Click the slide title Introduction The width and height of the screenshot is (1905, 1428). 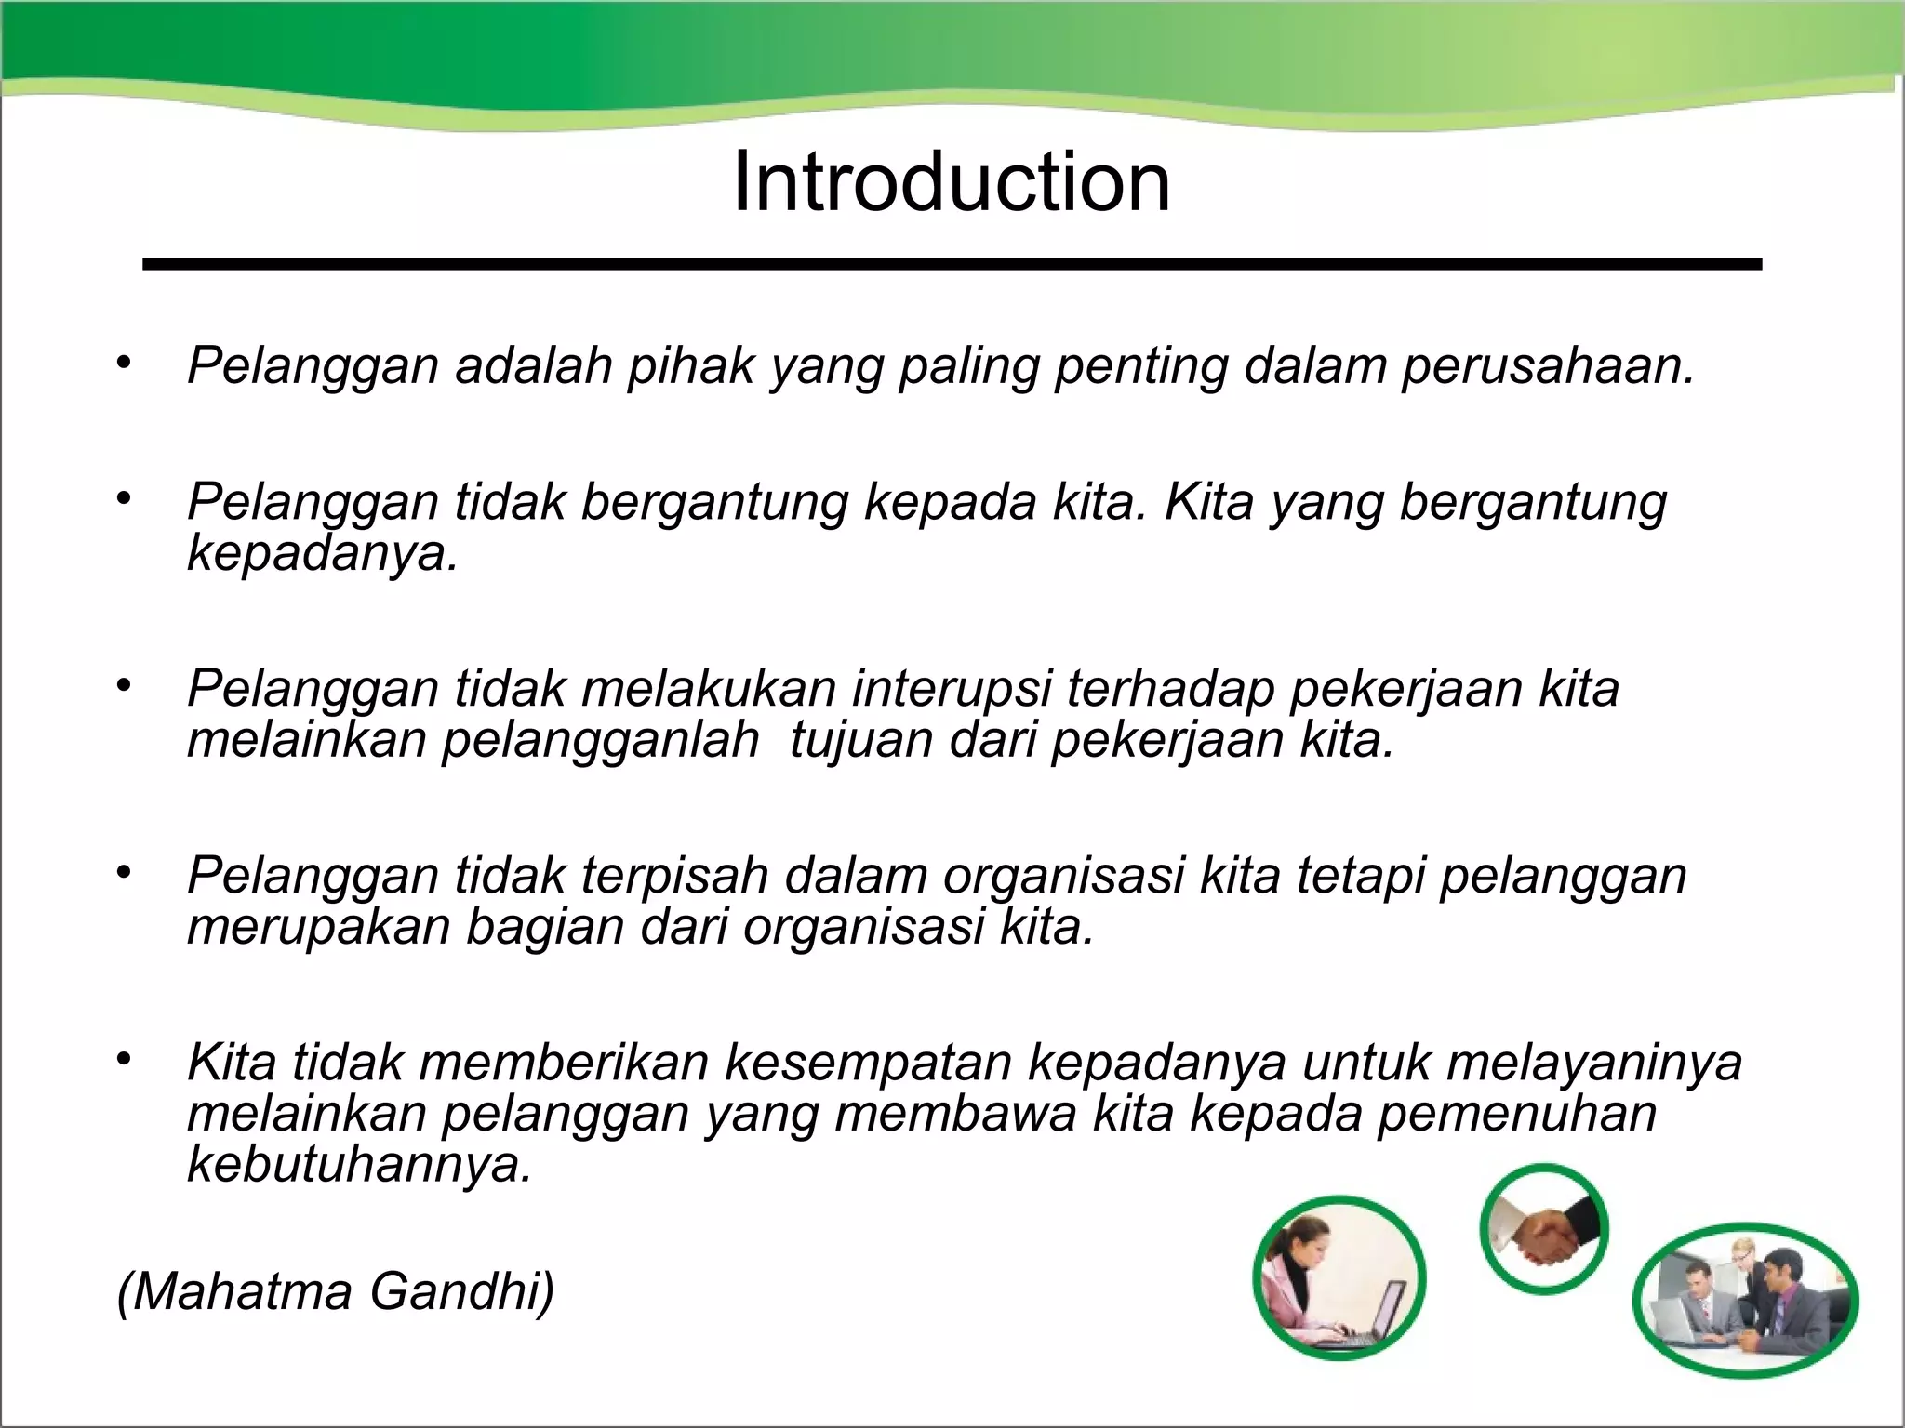coord(951,182)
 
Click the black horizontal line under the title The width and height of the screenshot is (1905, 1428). coord(951,265)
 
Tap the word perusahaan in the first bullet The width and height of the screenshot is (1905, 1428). coord(1548,365)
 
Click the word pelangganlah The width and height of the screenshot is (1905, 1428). coord(600,741)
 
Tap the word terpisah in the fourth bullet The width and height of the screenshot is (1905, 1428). coord(675,876)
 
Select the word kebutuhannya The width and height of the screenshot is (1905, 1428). coord(359,1164)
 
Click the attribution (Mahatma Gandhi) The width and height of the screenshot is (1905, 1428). coord(335,1292)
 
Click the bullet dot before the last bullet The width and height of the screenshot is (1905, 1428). coord(125,1059)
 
